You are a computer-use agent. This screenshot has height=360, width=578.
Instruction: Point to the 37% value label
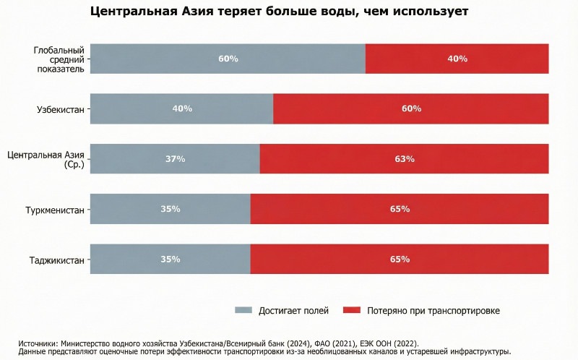click(175, 159)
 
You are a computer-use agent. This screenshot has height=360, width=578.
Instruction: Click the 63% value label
click(405, 159)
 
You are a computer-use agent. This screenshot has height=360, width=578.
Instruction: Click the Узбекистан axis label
click(61, 109)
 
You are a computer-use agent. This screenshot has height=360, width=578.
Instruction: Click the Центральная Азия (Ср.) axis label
click(46, 159)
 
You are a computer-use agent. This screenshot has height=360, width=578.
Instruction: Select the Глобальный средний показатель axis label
click(59, 59)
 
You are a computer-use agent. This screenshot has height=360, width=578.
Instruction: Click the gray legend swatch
click(244, 310)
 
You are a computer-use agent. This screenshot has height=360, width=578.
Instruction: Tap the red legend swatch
click(351, 310)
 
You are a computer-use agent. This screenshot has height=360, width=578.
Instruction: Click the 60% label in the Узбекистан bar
click(411, 108)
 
